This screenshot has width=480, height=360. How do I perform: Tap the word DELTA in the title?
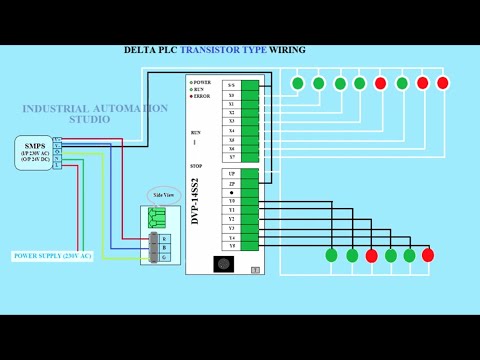tap(140, 50)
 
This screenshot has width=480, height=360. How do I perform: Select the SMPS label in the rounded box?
tap(35, 146)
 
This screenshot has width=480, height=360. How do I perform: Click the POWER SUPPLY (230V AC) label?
tap(52, 256)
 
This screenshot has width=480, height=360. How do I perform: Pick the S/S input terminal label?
tap(231, 85)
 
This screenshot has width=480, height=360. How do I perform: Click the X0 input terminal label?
tap(231, 95)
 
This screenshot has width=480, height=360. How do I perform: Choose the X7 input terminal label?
tap(231, 156)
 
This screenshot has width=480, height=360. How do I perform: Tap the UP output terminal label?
tap(231, 174)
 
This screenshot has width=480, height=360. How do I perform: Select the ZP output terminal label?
tap(231, 184)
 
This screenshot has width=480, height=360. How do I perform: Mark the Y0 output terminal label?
tap(231, 201)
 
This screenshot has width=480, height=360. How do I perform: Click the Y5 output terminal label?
tap(231, 245)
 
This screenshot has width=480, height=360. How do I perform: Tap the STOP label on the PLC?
tap(196, 165)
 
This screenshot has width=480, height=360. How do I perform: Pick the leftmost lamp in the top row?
tap(297, 83)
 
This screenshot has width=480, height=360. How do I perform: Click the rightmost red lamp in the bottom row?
tap(428, 255)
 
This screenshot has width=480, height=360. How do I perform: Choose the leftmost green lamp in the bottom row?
tap(331, 255)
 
